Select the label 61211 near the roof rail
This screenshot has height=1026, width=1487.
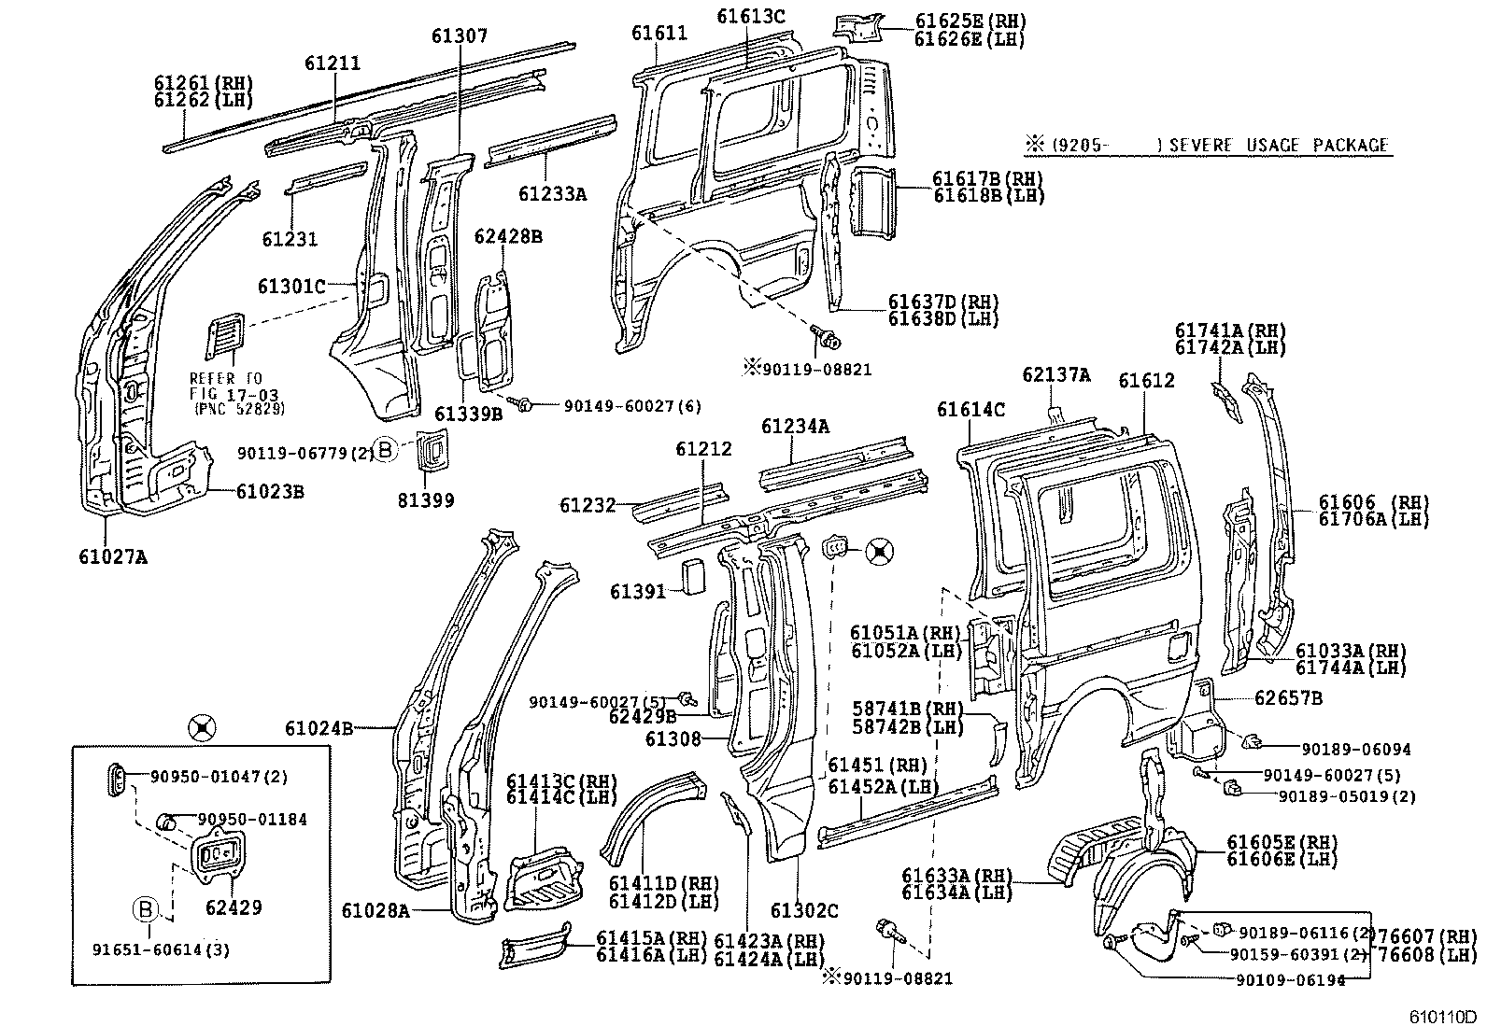pos(332,63)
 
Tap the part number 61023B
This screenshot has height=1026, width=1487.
pos(269,491)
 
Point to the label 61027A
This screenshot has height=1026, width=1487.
pos(112,557)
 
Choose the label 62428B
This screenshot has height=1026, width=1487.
pos(507,236)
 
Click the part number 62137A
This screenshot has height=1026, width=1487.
pos(1055,375)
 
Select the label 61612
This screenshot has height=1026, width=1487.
pos(1146,381)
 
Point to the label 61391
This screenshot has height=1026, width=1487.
pos(638,592)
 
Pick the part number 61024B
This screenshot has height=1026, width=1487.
pos(319,728)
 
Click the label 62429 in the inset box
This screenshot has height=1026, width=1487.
pos(233,907)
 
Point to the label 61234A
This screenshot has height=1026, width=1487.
pos(795,427)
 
